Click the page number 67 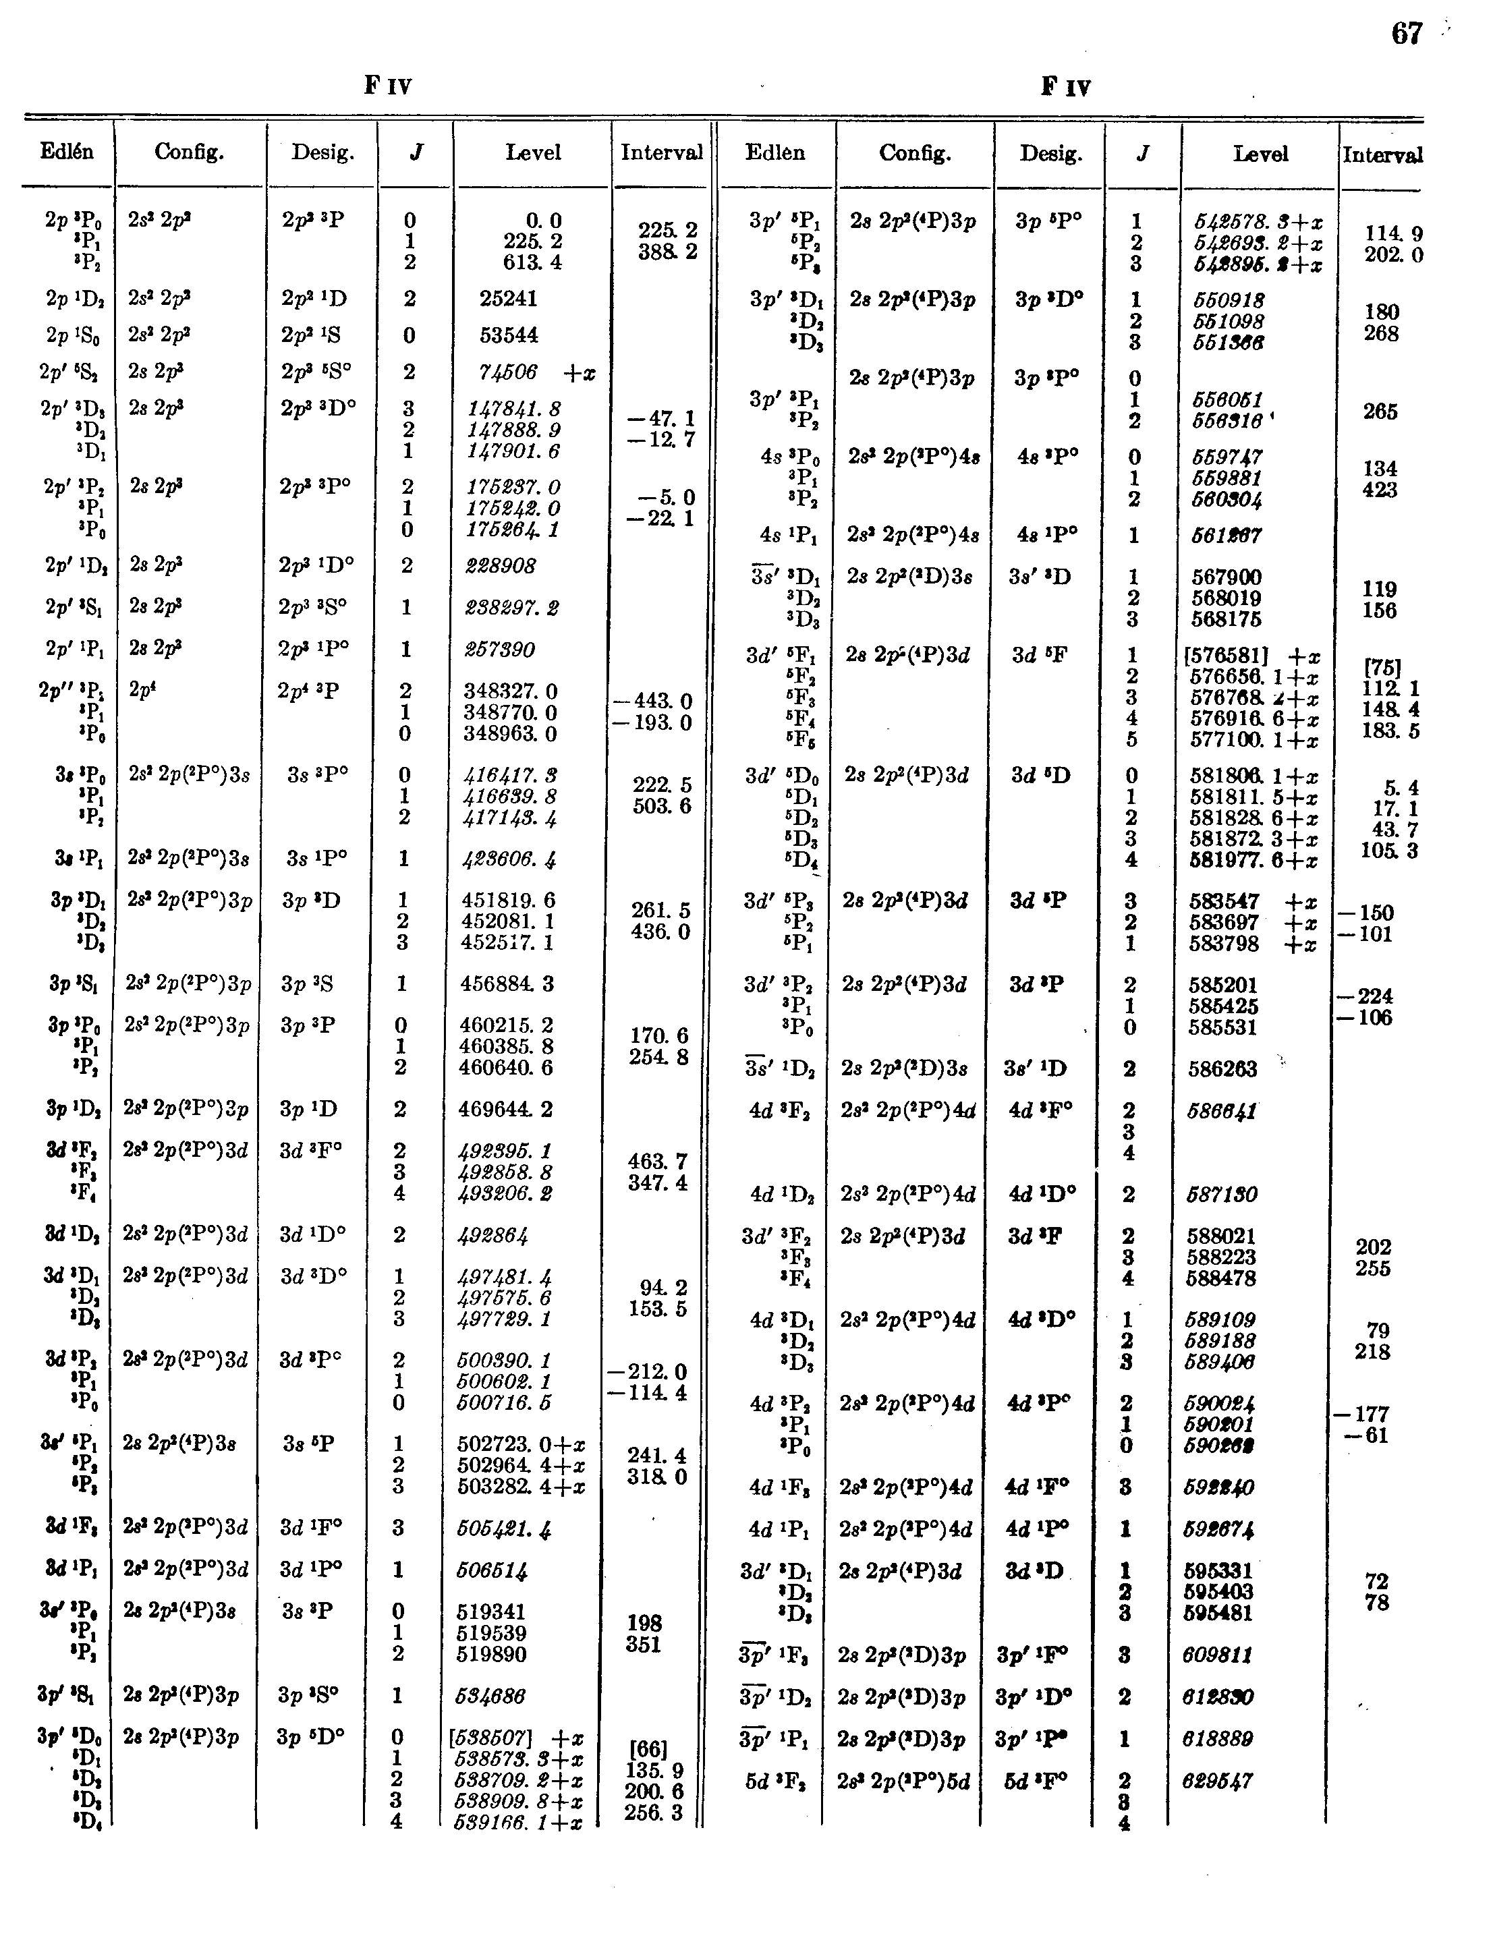tap(1407, 34)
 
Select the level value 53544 tap(508, 336)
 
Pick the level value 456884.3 tap(507, 984)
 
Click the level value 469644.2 tap(507, 1110)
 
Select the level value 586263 tap(1223, 1068)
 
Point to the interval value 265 tap(1380, 411)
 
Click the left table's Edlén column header tap(67, 152)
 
